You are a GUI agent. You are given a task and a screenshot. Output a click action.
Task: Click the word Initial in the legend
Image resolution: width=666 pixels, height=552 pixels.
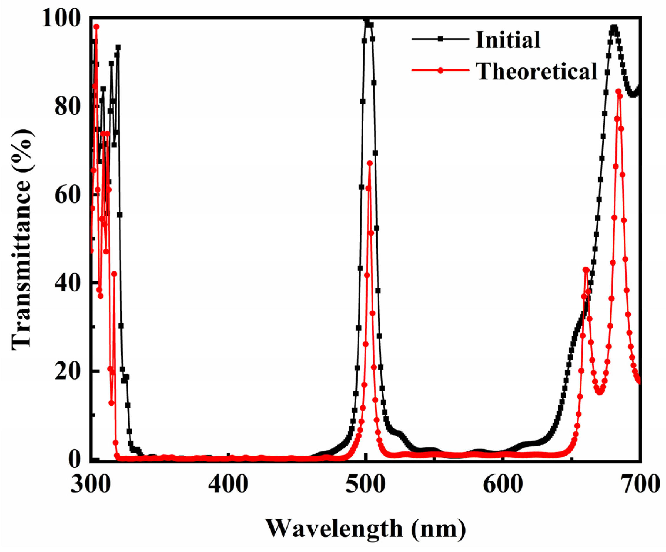(x=508, y=40)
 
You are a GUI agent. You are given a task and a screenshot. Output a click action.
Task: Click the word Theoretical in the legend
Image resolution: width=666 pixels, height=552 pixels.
(x=537, y=71)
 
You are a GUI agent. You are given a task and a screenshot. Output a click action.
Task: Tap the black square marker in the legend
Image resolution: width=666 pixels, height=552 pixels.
(x=440, y=39)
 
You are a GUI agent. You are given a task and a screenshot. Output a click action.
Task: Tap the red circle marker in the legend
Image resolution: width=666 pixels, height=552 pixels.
(x=440, y=70)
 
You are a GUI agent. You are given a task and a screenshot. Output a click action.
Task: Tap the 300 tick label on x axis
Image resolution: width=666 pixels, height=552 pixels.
(x=90, y=485)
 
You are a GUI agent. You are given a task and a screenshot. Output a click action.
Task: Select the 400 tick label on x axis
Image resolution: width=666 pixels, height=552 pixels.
(x=228, y=485)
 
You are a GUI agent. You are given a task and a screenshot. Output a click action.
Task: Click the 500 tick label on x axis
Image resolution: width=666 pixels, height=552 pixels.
(x=366, y=485)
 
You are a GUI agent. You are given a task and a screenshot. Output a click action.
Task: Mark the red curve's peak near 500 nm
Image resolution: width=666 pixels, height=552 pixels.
(x=370, y=163)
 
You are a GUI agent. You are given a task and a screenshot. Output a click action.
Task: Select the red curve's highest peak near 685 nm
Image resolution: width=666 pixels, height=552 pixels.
(x=618, y=91)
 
